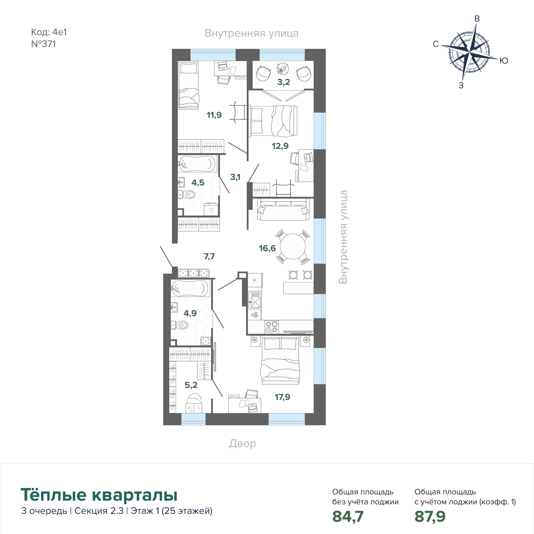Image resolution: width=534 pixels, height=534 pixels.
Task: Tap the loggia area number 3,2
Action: [284, 82]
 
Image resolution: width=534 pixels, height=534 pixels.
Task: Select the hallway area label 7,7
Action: [209, 256]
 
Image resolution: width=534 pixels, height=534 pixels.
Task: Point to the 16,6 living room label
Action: [267, 248]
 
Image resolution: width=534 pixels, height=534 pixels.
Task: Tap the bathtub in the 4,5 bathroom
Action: [197, 164]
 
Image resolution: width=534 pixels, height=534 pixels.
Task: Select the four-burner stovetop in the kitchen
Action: [272, 327]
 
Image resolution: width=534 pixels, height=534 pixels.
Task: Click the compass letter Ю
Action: [504, 61]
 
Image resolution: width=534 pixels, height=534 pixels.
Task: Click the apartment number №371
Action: [43, 44]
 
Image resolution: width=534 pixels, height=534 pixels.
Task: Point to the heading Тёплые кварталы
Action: [99, 495]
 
